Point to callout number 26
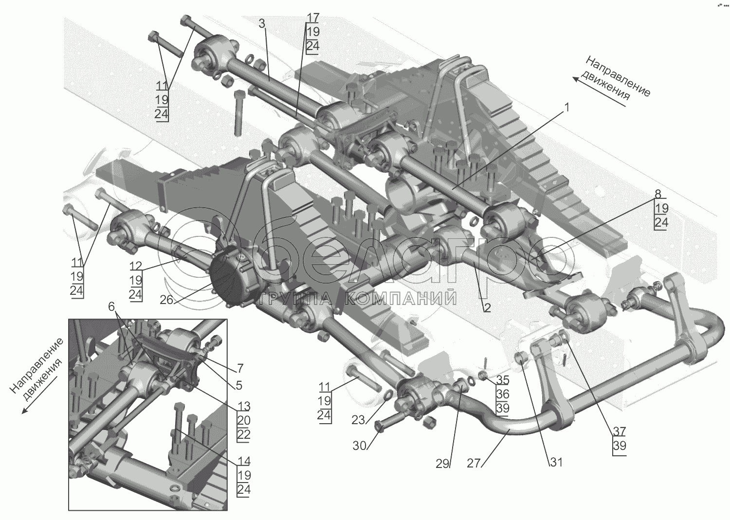point(166,300)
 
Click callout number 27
point(474,464)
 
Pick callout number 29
point(442,464)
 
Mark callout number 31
point(556,462)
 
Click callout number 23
point(358,419)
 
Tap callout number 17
point(313,18)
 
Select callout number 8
point(657,194)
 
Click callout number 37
point(620,431)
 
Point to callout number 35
point(503,380)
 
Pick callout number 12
point(136,266)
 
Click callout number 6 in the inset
point(111,306)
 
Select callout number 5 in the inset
point(238,385)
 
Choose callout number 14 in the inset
point(243,460)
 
